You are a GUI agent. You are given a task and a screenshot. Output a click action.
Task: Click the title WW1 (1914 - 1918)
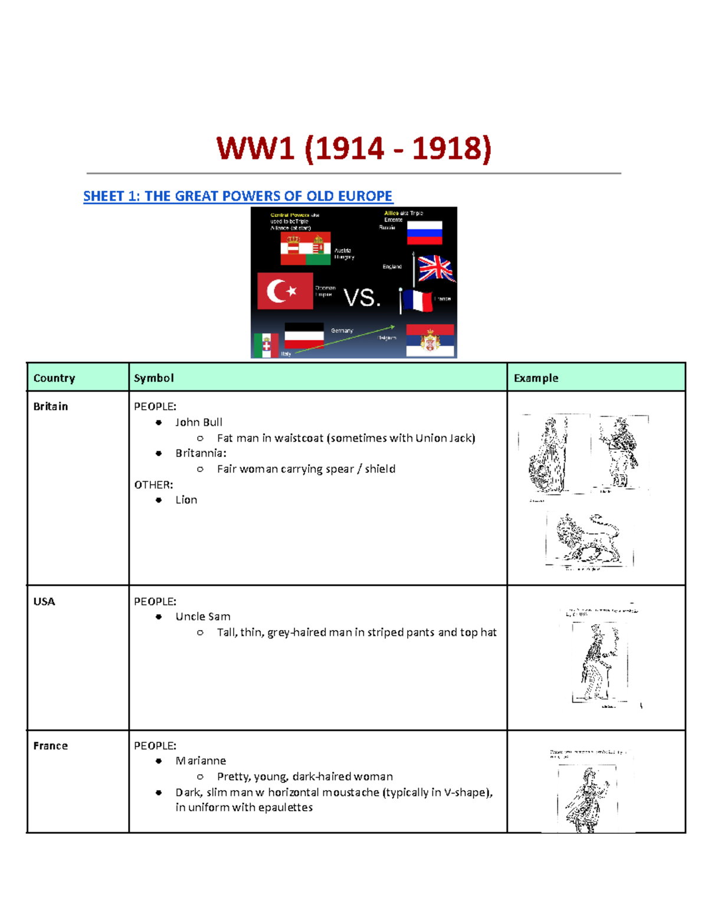coord(353,148)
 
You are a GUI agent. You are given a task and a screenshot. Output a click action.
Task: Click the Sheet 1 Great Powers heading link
coord(238,196)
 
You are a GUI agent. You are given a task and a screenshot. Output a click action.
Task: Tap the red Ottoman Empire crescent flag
coord(285,291)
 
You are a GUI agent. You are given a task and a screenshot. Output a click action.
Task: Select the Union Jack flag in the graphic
coord(435,269)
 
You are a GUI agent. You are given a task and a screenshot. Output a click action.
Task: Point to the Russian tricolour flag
coord(424,233)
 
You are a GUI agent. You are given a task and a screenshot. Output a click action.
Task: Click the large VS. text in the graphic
coord(362,298)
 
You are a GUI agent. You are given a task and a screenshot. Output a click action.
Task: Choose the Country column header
coord(54,378)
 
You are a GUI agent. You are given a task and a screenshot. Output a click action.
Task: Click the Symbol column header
coord(153,378)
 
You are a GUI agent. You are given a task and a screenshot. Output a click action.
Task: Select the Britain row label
coord(51,406)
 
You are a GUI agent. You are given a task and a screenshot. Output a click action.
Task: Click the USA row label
coord(44,601)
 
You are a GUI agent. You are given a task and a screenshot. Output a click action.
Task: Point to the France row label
coord(51,746)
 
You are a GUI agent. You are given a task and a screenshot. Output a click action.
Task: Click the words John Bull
coord(199,422)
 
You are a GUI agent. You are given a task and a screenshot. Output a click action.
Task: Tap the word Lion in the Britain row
coord(186,500)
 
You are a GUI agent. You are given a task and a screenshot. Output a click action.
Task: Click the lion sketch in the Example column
coord(588,539)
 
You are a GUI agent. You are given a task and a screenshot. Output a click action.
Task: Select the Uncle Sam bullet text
coord(203,616)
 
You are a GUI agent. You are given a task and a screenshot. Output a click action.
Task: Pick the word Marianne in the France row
coord(201,761)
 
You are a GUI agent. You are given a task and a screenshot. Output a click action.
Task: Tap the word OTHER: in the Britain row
coord(153,485)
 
